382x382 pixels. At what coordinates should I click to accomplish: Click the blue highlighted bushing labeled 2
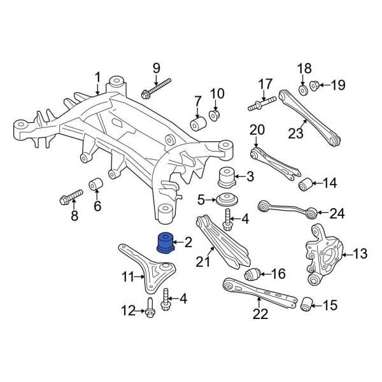coord(166,243)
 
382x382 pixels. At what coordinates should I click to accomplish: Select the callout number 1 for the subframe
coord(98,78)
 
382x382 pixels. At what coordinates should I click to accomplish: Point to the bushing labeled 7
coord(198,122)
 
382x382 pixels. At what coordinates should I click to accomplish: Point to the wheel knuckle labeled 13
coord(325,255)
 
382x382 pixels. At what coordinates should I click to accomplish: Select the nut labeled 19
coord(314,85)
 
